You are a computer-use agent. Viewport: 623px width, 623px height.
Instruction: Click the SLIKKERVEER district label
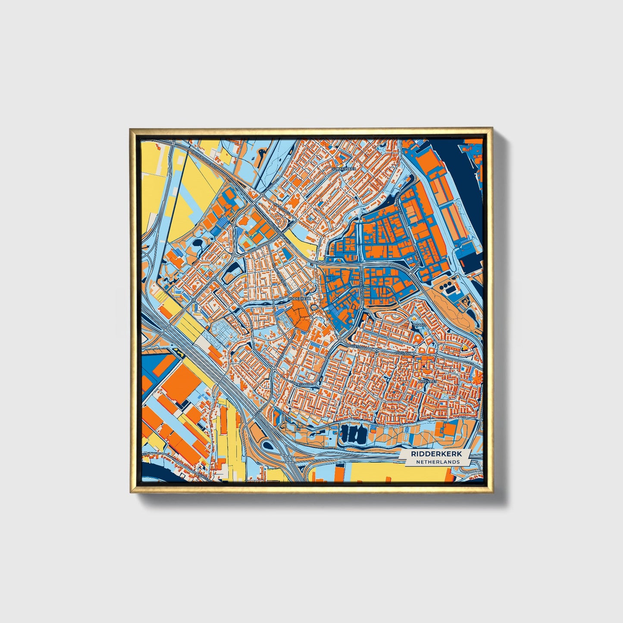(x=344, y=169)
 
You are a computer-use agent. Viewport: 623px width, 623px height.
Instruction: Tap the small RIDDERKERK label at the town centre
(x=299, y=298)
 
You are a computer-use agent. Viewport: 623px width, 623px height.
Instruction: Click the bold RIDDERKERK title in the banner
(x=435, y=454)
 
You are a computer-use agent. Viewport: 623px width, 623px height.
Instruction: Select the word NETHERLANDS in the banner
(x=438, y=462)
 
